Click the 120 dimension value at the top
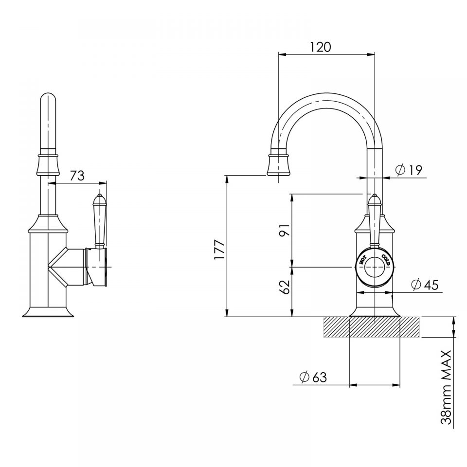click(320, 47)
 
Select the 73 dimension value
click(77, 176)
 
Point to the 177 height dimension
click(220, 250)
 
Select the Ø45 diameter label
click(424, 284)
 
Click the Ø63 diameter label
click(313, 377)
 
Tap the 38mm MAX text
click(446, 387)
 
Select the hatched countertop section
click(371, 327)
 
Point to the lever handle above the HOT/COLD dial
click(374, 219)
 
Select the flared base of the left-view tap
click(48, 311)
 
